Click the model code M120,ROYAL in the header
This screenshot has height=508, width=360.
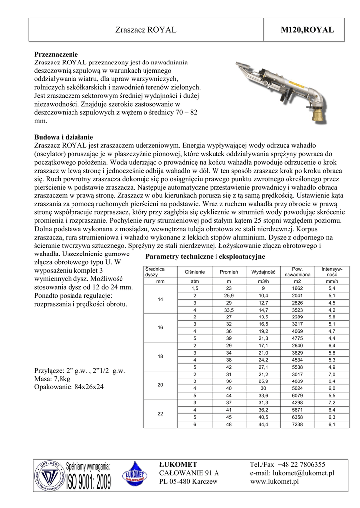click(x=308, y=30)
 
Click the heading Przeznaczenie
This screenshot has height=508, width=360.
click(x=56, y=54)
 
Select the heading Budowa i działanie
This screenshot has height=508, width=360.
click(x=64, y=137)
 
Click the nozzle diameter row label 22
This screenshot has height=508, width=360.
click(x=160, y=413)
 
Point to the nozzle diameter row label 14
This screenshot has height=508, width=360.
click(x=160, y=299)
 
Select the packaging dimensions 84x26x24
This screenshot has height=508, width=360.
click(x=92, y=387)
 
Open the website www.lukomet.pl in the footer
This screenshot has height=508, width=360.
click(x=275, y=481)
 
